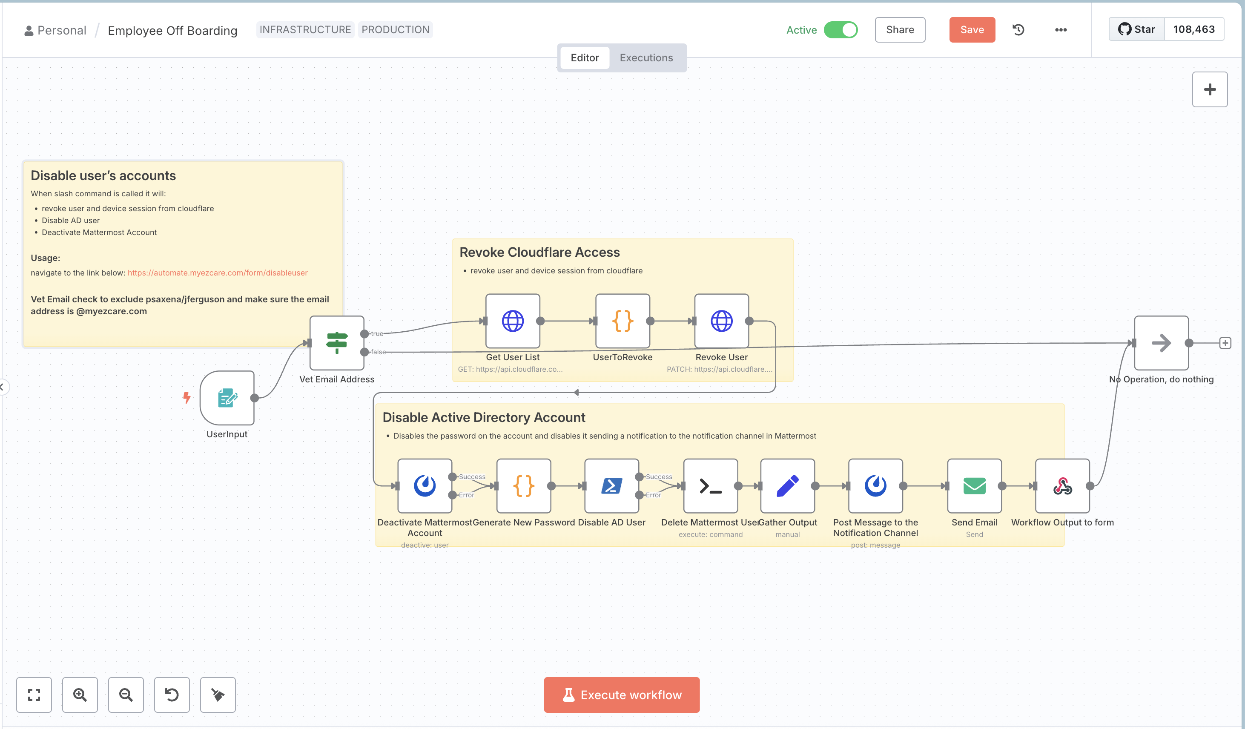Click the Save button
coord(971,30)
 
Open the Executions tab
coord(646,58)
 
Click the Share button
coord(899,30)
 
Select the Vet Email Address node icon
coord(336,342)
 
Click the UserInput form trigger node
coord(227,398)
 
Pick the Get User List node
coord(512,321)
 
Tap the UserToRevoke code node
coord(622,321)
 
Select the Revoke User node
coord(721,321)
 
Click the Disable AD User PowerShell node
coord(611,486)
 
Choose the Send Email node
coord(974,486)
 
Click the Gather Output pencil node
coord(787,486)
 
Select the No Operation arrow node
coord(1161,342)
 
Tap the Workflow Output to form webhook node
coord(1062,486)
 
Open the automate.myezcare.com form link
coord(218,273)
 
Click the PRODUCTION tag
coord(395,30)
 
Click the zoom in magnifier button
coord(80,695)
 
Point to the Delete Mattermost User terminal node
coord(710,486)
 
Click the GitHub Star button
coord(1136,29)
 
